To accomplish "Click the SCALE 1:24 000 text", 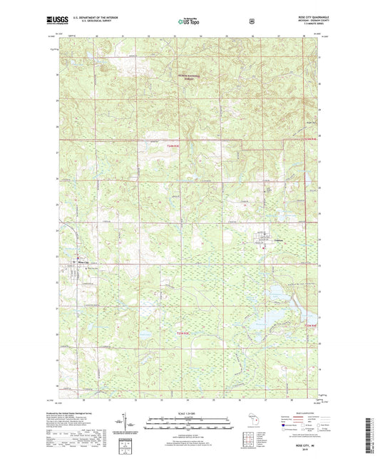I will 190,414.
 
